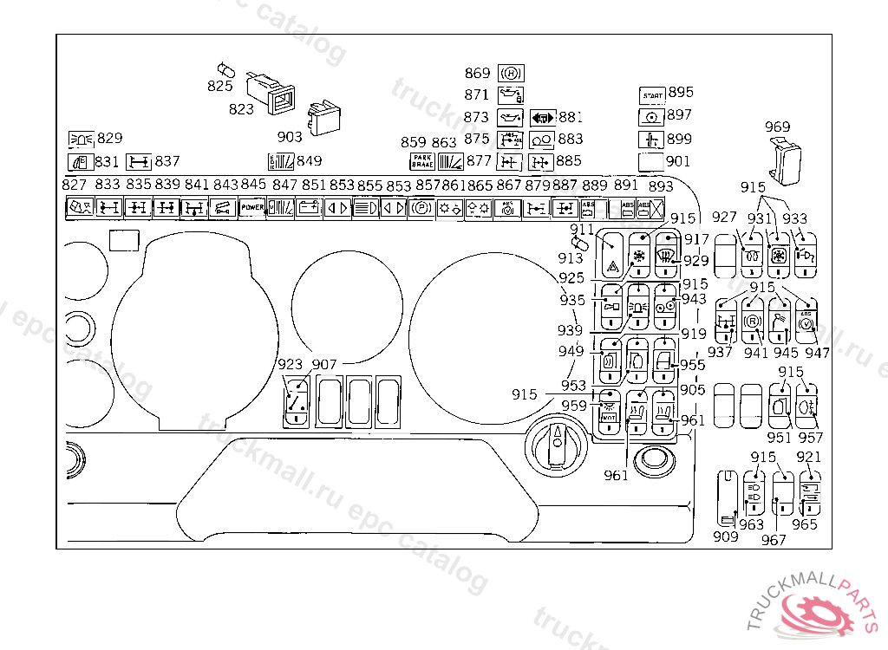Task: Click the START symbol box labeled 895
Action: click(x=651, y=94)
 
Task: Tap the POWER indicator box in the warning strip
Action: click(x=252, y=208)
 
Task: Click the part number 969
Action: click(x=778, y=127)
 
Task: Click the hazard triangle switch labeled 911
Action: click(x=613, y=255)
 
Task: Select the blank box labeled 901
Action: click(x=651, y=161)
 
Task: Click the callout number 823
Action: click(x=241, y=108)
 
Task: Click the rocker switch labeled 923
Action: click(x=297, y=400)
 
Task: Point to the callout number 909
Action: click(x=725, y=537)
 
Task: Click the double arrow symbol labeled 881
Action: click(x=542, y=117)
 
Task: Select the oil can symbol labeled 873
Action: click(x=508, y=117)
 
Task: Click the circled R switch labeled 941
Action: click(x=754, y=322)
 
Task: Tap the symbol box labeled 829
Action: click(x=81, y=139)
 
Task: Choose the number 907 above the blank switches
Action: click(x=324, y=365)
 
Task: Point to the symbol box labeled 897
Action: click(x=651, y=116)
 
